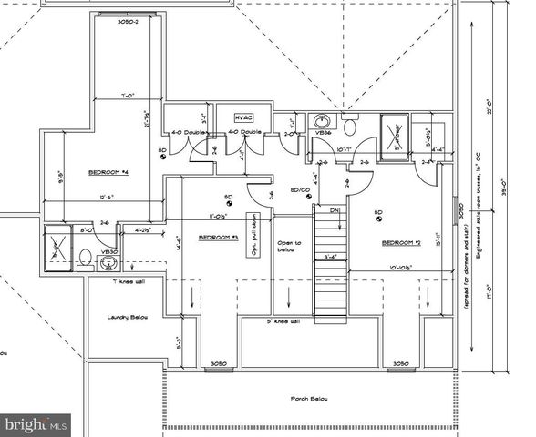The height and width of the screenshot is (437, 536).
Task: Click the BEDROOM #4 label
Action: pyautogui.click(x=108, y=172)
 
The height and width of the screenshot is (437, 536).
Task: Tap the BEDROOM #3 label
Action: pyautogui.click(x=218, y=237)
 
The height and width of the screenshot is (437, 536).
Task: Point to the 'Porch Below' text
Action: pyautogui.click(x=309, y=398)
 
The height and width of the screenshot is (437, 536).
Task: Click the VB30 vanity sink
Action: pyautogui.click(x=108, y=263)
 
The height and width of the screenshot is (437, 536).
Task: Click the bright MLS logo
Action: pyautogui.click(x=36, y=423)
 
